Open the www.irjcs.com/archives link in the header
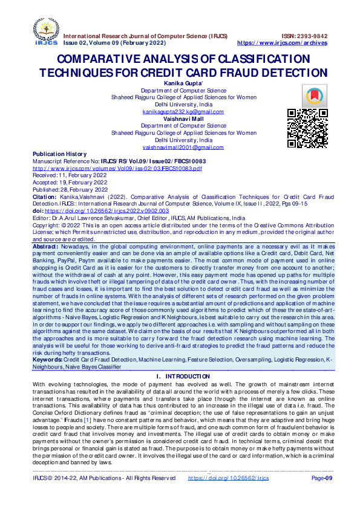point(282,44)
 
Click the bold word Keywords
point(47,359)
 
